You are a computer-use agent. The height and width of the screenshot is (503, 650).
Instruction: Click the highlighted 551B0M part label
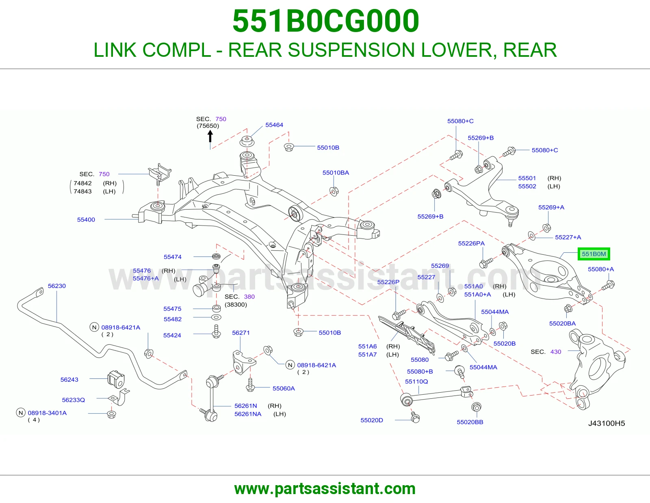click(594, 254)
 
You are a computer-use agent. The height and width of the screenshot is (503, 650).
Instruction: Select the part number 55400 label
click(86, 219)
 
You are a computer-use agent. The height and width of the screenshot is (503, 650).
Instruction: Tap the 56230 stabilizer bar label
click(57, 286)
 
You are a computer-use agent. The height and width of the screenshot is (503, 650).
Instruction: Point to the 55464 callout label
click(274, 125)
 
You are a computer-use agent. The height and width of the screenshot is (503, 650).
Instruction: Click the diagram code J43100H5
click(607, 423)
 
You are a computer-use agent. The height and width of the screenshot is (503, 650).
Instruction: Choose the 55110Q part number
click(416, 381)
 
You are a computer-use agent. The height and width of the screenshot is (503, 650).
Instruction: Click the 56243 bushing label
click(69, 380)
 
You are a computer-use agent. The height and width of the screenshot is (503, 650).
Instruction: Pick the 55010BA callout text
click(336, 173)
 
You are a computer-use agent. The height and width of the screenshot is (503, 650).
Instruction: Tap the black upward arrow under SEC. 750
click(210, 137)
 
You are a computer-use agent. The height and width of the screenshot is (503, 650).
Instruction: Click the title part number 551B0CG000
click(326, 21)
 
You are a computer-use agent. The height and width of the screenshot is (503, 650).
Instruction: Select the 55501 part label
click(527, 178)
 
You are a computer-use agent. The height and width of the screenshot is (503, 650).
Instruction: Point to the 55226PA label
click(471, 243)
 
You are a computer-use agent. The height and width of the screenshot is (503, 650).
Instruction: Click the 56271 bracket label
click(241, 333)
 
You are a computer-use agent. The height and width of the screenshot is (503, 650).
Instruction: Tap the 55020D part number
click(371, 420)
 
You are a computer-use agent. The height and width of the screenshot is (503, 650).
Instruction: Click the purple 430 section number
click(555, 352)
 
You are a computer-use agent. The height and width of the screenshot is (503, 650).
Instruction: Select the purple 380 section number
click(249, 297)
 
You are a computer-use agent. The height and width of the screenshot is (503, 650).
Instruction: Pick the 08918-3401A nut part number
click(47, 413)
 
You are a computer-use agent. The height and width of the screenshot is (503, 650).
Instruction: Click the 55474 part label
click(172, 257)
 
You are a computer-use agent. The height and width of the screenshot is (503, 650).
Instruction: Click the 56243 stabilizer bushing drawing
click(116, 379)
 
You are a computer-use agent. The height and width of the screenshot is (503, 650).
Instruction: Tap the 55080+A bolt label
click(601, 269)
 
